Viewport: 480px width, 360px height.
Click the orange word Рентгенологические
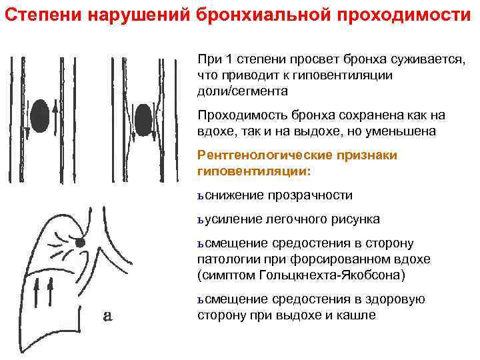coord(267,155)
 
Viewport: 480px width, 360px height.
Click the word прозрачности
coord(310,195)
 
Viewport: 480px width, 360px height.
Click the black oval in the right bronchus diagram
coord(143,119)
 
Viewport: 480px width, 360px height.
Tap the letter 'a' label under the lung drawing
coord(107,317)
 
